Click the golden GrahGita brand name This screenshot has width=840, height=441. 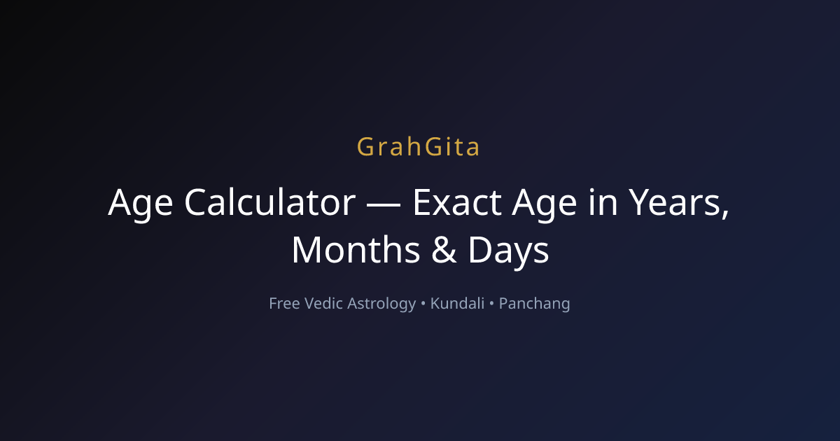click(418, 146)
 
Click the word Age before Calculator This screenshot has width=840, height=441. click(141, 204)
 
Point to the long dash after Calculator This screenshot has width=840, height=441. click(384, 204)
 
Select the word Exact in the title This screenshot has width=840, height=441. click(457, 202)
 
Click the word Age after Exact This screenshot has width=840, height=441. click(545, 204)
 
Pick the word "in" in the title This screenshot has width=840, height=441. click(603, 202)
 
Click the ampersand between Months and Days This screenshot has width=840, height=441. click(444, 250)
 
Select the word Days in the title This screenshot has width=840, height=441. click(508, 253)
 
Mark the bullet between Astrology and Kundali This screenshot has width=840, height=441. click(423, 304)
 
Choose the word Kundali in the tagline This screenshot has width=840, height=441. click(458, 303)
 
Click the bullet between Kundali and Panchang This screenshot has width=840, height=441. click(491, 304)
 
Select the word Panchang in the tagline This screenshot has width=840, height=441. click(534, 304)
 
